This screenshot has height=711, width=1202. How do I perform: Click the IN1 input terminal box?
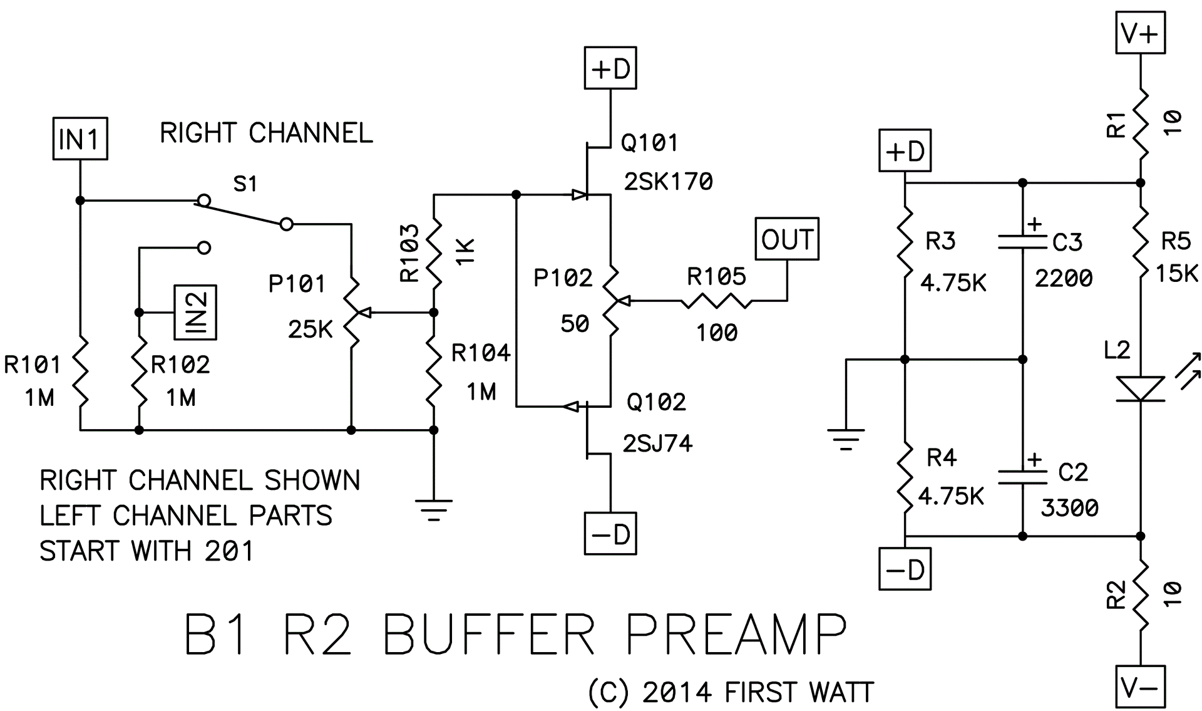80,138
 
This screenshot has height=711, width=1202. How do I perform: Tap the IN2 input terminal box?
195,313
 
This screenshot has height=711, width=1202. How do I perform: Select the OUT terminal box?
787,239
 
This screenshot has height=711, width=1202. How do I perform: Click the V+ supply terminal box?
1140,33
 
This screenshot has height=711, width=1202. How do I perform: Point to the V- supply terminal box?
1140,687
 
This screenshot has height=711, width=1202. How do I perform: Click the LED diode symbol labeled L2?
1140,388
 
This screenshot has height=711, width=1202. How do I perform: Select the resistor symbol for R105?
716,301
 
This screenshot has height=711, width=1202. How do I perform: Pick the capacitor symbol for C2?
1022,478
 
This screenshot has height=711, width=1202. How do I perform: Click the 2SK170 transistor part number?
668,182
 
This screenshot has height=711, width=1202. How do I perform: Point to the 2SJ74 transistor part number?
657,444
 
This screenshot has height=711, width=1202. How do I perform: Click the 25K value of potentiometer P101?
310,330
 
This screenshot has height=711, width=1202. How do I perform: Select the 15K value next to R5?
1176,274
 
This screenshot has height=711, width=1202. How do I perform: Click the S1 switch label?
245,184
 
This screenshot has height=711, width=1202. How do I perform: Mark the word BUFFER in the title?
489,635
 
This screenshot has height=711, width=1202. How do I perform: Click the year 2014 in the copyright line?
677,692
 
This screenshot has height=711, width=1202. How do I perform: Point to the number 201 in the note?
229,551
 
